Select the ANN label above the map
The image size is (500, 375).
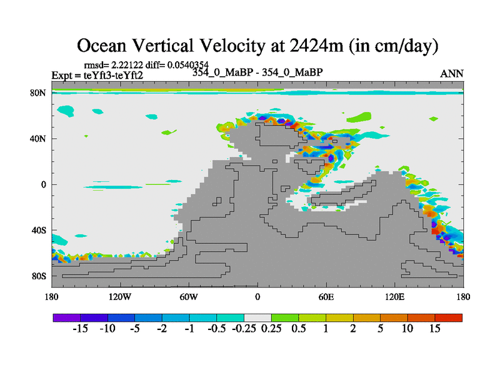click(452, 74)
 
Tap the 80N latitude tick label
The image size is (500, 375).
click(38, 93)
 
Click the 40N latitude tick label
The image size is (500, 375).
click(38, 139)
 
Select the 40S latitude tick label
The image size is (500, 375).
click(38, 230)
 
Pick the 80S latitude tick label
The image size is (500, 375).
click(38, 276)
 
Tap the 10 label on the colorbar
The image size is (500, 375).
click(407, 329)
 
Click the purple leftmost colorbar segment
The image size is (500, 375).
click(66, 317)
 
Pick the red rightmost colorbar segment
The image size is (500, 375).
click(449, 317)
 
